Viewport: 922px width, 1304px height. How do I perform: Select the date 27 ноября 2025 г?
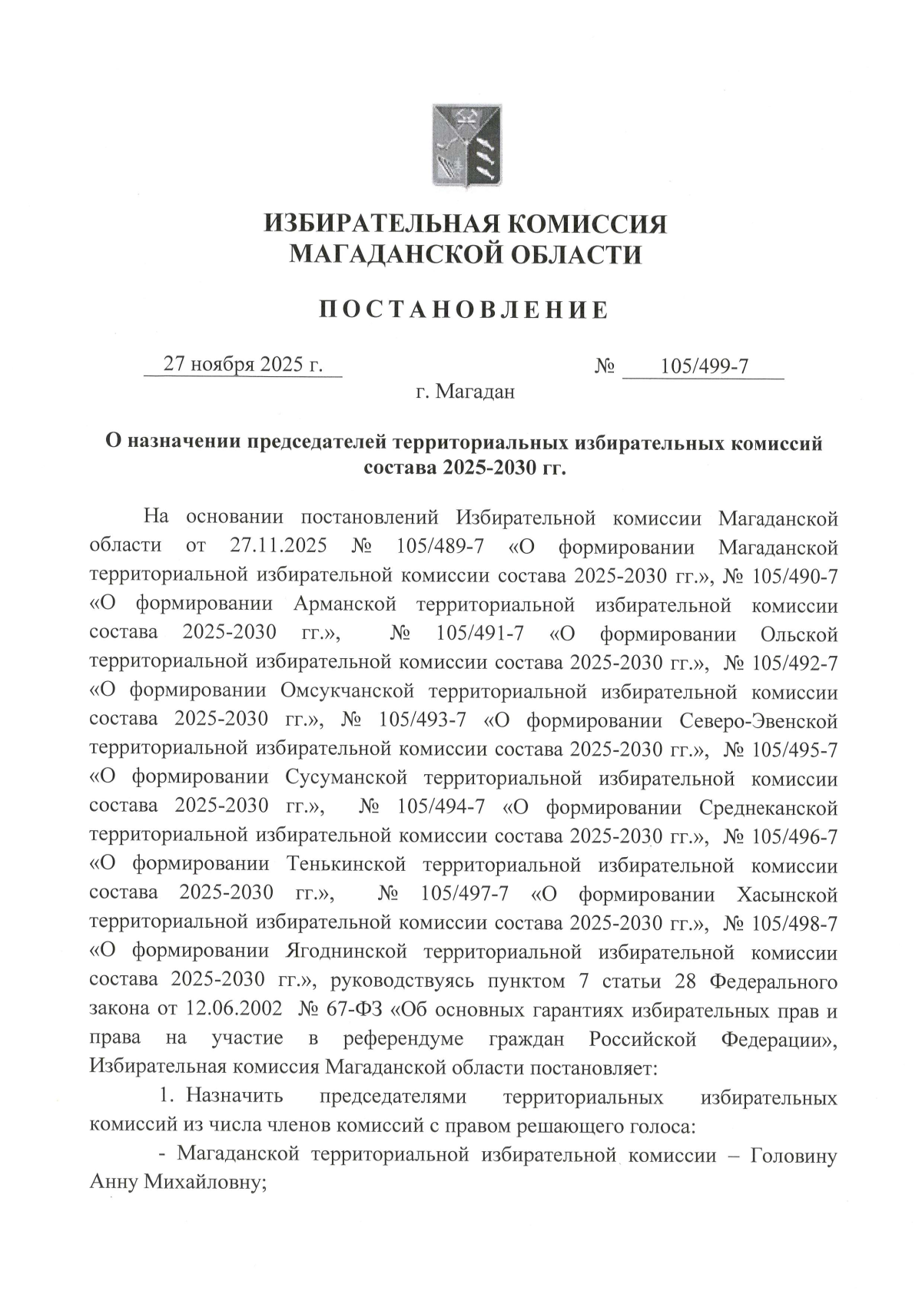click(x=243, y=364)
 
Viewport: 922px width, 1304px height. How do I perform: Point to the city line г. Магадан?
click(x=465, y=392)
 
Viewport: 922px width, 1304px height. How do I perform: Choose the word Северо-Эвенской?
click(x=759, y=721)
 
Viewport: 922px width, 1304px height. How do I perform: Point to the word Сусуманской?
click(x=346, y=779)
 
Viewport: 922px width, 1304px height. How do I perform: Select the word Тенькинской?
click(x=346, y=865)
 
